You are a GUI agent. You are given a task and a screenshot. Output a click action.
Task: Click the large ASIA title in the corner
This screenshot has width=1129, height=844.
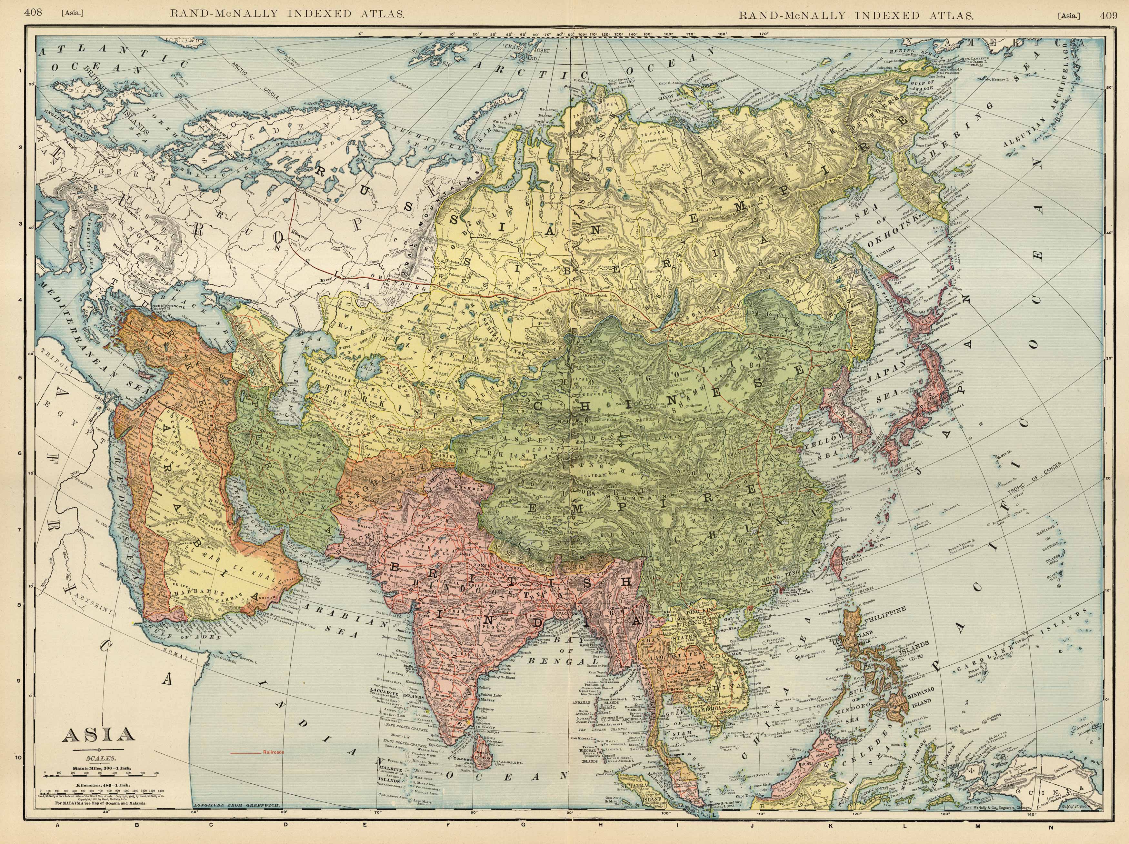click(98, 735)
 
